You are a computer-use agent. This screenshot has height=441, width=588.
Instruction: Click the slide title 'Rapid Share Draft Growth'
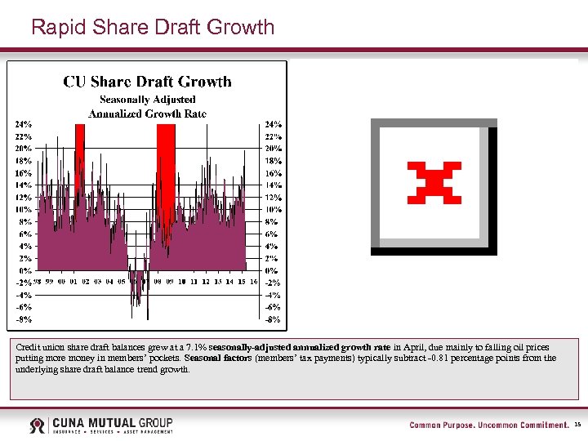tap(153, 27)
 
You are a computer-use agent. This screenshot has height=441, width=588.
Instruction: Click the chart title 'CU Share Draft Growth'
tap(148, 82)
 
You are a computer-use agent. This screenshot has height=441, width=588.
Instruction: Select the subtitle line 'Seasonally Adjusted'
tap(147, 100)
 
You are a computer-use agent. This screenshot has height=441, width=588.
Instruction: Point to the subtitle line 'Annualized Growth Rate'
tap(148, 114)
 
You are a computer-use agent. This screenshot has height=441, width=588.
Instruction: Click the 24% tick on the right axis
tap(272, 124)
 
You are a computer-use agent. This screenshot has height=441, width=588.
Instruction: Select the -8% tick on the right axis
tap(272, 319)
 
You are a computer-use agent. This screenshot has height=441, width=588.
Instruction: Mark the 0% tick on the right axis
tap(272, 270)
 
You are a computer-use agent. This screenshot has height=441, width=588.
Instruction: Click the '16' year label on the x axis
tap(254, 282)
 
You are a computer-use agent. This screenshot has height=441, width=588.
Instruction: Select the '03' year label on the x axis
tap(97, 282)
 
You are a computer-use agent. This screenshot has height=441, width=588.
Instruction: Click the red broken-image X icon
tap(434, 182)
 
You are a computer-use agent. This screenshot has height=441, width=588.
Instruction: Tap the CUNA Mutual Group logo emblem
tap(38, 425)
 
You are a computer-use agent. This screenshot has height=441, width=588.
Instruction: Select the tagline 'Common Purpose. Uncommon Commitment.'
tap(488, 425)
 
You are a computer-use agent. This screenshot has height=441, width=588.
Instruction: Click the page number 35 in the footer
tap(577, 425)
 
